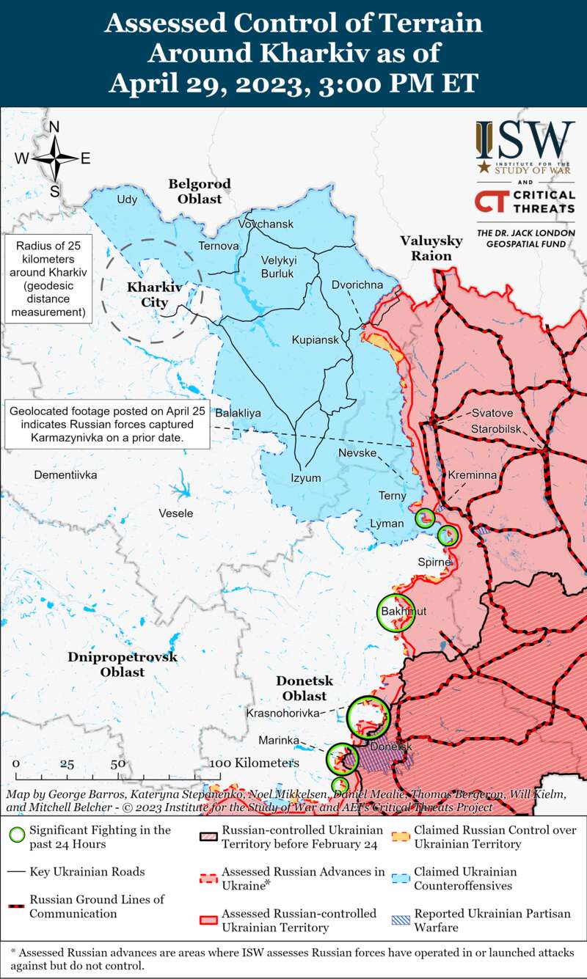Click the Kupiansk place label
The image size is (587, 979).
316,340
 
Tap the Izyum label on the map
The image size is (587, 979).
306,478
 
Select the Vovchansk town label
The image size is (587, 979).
266,224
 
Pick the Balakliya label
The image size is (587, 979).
238,413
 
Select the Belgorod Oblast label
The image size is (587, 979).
199,191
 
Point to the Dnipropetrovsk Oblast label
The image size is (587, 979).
123,664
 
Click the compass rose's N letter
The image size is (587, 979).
54,127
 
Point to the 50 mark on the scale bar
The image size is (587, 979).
117,763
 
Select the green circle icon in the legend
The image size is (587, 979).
16,835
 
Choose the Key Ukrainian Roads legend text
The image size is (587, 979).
87,872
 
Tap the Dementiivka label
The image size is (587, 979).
66,475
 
